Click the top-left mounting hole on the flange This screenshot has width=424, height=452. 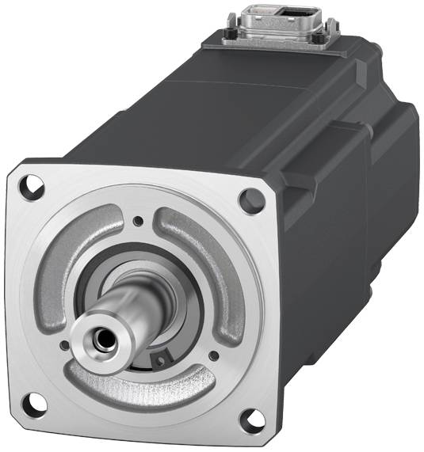pyautogui.click(x=33, y=188)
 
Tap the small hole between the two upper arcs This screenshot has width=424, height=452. pyautogui.click(x=138, y=221)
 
